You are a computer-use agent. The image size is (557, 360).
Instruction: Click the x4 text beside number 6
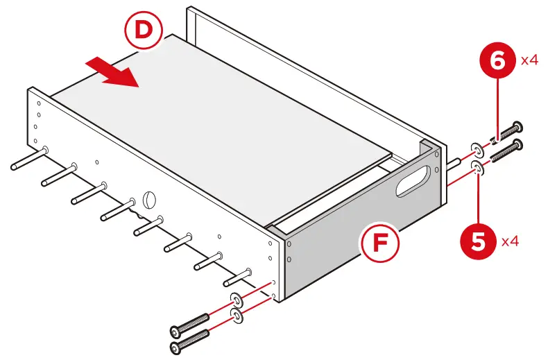pos(531,60)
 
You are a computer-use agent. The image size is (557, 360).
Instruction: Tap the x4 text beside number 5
pos(511,241)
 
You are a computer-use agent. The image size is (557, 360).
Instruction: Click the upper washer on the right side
pos(477,148)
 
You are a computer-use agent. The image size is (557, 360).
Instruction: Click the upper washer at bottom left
pos(237,300)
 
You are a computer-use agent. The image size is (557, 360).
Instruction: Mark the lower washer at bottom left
pos(237,317)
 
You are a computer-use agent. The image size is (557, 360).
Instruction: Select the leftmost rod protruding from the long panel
pos(28,158)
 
